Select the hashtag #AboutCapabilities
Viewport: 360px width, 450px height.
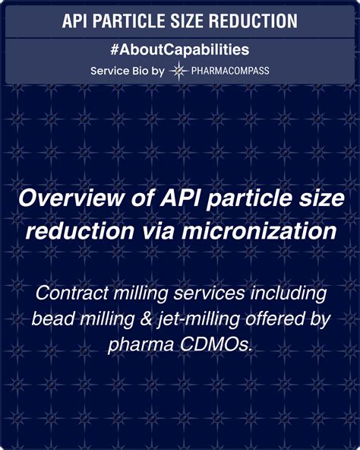pos(180,50)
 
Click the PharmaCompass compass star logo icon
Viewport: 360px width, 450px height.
pos(178,71)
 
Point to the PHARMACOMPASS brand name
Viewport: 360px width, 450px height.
pos(230,71)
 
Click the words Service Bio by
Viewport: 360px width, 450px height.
pos(128,71)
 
